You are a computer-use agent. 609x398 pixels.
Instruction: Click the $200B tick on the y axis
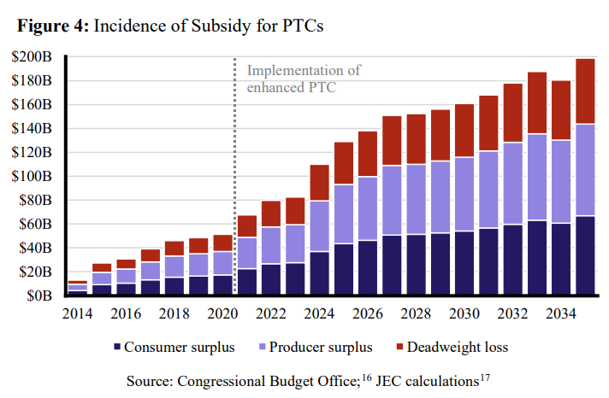[x=34, y=57]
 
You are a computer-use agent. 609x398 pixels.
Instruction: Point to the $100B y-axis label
[x=34, y=177]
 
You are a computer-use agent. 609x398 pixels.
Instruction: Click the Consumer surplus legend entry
[x=171, y=348]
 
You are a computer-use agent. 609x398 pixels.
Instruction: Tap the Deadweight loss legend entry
[x=453, y=348]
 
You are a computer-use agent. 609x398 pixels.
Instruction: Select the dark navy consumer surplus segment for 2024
[x=319, y=273]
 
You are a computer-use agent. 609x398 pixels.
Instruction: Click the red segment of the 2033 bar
[x=537, y=102]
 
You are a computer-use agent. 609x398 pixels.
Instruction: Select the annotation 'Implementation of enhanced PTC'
[x=303, y=79]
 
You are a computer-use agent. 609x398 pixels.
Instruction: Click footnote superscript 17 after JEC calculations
[x=485, y=375]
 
